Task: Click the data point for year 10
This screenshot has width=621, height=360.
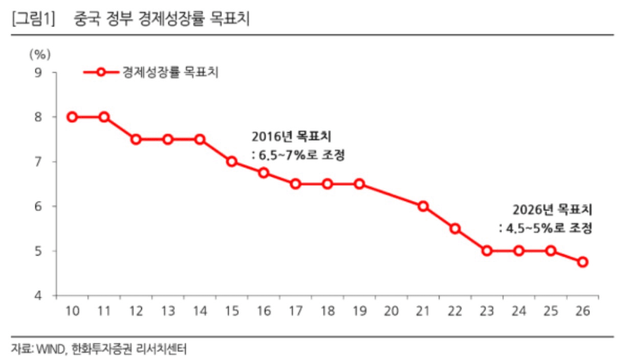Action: (72, 117)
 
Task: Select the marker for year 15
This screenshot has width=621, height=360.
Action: (232, 162)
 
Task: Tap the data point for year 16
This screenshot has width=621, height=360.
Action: (263, 173)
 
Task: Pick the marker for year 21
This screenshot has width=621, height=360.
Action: (423, 206)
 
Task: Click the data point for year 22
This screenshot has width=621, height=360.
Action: (455, 229)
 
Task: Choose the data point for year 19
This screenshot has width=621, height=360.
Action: (359, 184)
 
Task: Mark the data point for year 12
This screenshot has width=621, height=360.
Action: (136, 140)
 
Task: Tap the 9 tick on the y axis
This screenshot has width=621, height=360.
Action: (38, 73)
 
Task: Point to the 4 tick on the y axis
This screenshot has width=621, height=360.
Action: (38, 296)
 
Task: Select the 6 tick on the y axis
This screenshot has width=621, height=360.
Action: (38, 207)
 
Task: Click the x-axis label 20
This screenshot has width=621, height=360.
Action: (391, 311)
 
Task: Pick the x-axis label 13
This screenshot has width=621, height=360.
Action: (168, 311)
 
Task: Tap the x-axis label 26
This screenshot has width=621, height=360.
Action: (583, 311)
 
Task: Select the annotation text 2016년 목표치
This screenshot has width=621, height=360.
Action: (291, 137)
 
